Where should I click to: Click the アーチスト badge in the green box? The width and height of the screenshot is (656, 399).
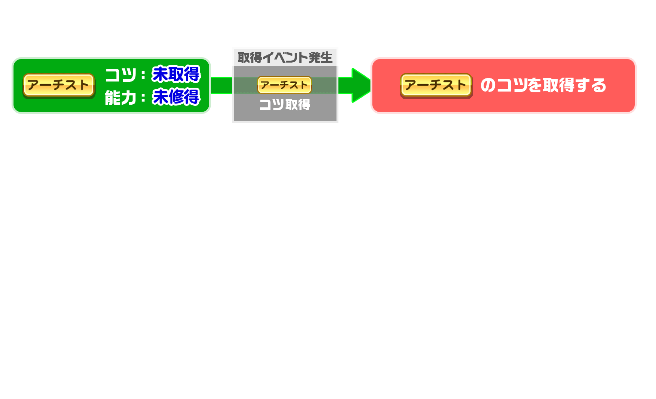(59, 85)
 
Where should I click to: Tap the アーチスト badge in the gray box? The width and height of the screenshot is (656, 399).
(284, 85)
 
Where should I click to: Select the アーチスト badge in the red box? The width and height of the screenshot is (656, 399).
(436, 85)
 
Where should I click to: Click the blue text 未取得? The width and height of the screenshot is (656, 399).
(176, 74)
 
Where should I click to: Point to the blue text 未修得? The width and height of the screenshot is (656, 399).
(176, 97)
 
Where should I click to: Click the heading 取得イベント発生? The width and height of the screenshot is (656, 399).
(285, 58)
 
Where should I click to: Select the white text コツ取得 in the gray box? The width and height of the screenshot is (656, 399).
(285, 105)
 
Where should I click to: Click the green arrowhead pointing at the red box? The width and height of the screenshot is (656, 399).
(361, 85)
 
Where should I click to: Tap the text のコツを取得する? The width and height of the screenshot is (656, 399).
(543, 85)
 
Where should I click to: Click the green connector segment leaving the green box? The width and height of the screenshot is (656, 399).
(222, 85)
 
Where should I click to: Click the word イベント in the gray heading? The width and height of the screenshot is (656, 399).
(285, 58)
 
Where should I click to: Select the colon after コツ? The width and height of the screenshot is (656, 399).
(143, 75)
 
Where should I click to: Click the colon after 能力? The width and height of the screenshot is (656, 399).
(143, 98)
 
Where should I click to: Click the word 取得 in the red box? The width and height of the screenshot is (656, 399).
(559, 85)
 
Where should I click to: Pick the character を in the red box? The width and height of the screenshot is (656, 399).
(534, 85)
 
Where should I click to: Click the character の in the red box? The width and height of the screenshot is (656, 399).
(488, 85)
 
